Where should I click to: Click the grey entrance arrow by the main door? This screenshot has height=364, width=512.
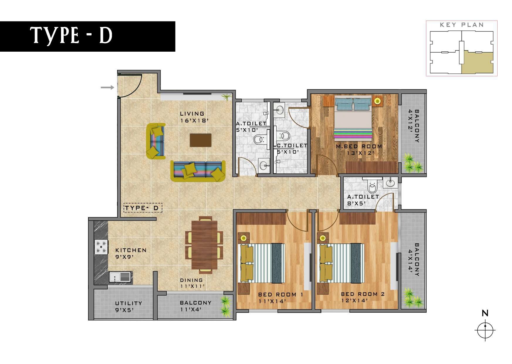107,87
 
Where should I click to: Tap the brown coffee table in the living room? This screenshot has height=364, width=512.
200,140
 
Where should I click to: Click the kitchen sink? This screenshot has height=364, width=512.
120,277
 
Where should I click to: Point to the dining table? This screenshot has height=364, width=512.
204,245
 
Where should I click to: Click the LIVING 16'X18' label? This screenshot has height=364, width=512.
192,117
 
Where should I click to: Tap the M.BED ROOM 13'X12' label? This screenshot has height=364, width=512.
359,149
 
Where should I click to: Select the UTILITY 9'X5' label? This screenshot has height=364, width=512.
129,306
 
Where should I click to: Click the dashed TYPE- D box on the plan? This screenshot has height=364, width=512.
143,208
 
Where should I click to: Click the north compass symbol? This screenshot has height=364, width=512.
485,330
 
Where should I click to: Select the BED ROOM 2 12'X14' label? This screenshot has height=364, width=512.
363,297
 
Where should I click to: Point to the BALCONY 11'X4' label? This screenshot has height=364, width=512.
195,306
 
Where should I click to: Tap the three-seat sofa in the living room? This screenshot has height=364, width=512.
198,171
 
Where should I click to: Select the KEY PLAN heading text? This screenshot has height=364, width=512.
462,25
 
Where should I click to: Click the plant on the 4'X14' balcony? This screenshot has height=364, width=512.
412,298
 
